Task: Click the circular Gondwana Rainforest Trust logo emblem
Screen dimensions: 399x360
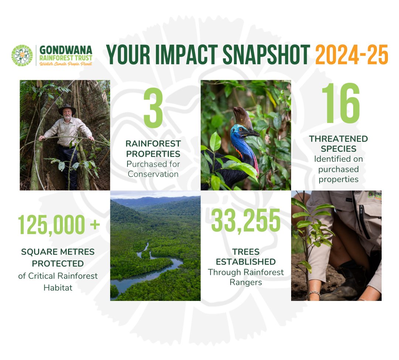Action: click(x=22, y=56)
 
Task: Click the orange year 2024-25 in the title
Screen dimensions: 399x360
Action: click(x=352, y=55)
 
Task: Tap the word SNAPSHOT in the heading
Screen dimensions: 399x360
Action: click(x=266, y=55)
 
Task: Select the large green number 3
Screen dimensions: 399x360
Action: click(x=153, y=108)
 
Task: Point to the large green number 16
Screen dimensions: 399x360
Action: click(x=341, y=103)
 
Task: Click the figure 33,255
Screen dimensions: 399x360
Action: click(x=246, y=220)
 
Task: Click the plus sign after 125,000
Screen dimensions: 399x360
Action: click(x=95, y=224)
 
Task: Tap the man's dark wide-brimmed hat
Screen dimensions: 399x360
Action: click(x=67, y=109)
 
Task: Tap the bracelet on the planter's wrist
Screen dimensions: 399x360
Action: click(x=314, y=294)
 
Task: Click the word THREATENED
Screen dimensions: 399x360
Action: click(x=338, y=139)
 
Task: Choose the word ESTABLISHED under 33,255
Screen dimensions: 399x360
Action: click(x=246, y=262)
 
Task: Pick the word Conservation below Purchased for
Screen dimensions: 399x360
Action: click(x=153, y=174)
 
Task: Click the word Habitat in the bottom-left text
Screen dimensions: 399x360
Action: click(x=58, y=288)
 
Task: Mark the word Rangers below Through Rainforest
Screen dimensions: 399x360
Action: click(x=246, y=282)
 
